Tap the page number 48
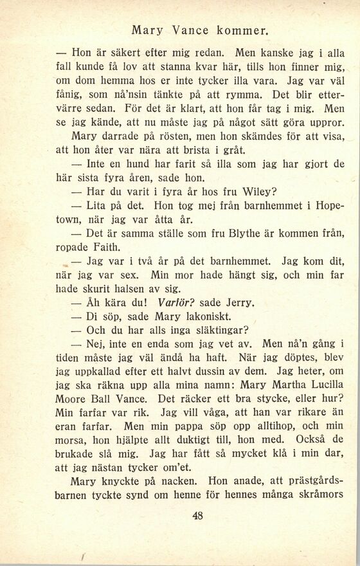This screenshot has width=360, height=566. click(x=197, y=515)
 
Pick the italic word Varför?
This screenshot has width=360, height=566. click(x=177, y=302)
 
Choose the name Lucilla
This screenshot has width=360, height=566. click(x=318, y=387)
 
